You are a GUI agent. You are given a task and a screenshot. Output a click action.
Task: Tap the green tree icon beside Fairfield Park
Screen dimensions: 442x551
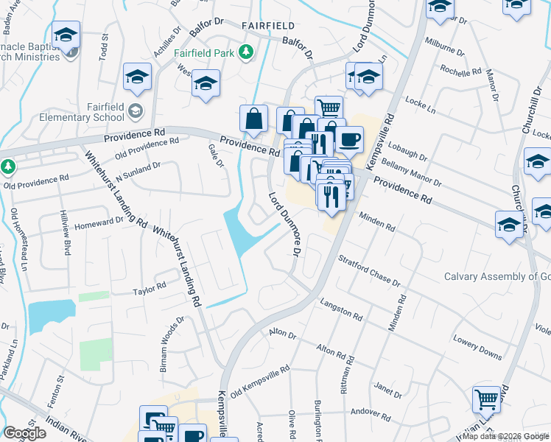(x=248, y=53)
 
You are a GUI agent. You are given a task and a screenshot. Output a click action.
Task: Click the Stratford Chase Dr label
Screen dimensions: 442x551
(x=368, y=271)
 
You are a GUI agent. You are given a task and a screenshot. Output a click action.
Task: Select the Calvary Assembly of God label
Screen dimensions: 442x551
(x=497, y=277)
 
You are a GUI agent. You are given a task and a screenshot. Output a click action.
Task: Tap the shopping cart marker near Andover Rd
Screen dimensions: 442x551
(x=487, y=400)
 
